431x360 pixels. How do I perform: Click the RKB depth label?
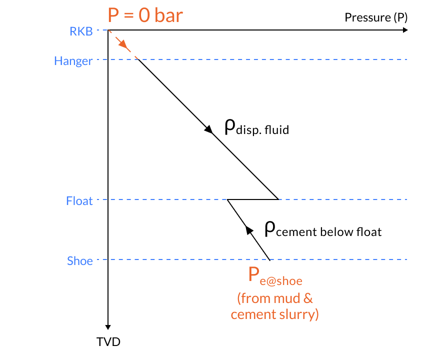(x=81, y=31)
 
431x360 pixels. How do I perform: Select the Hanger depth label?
(x=73, y=61)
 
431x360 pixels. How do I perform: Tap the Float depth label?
(x=79, y=201)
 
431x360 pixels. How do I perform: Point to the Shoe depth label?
(x=80, y=261)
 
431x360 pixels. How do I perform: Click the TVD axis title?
(x=108, y=342)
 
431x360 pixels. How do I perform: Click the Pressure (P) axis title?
(x=376, y=18)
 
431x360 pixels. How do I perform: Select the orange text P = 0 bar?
(x=145, y=15)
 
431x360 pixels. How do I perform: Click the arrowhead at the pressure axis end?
(x=404, y=30)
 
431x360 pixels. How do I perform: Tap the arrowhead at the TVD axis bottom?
(x=108, y=325)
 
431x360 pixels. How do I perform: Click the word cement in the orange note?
(x=248, y=314)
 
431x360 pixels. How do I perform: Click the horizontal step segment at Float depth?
(x=253, y=199)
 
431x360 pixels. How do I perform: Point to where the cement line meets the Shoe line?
(x=270, y=260)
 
